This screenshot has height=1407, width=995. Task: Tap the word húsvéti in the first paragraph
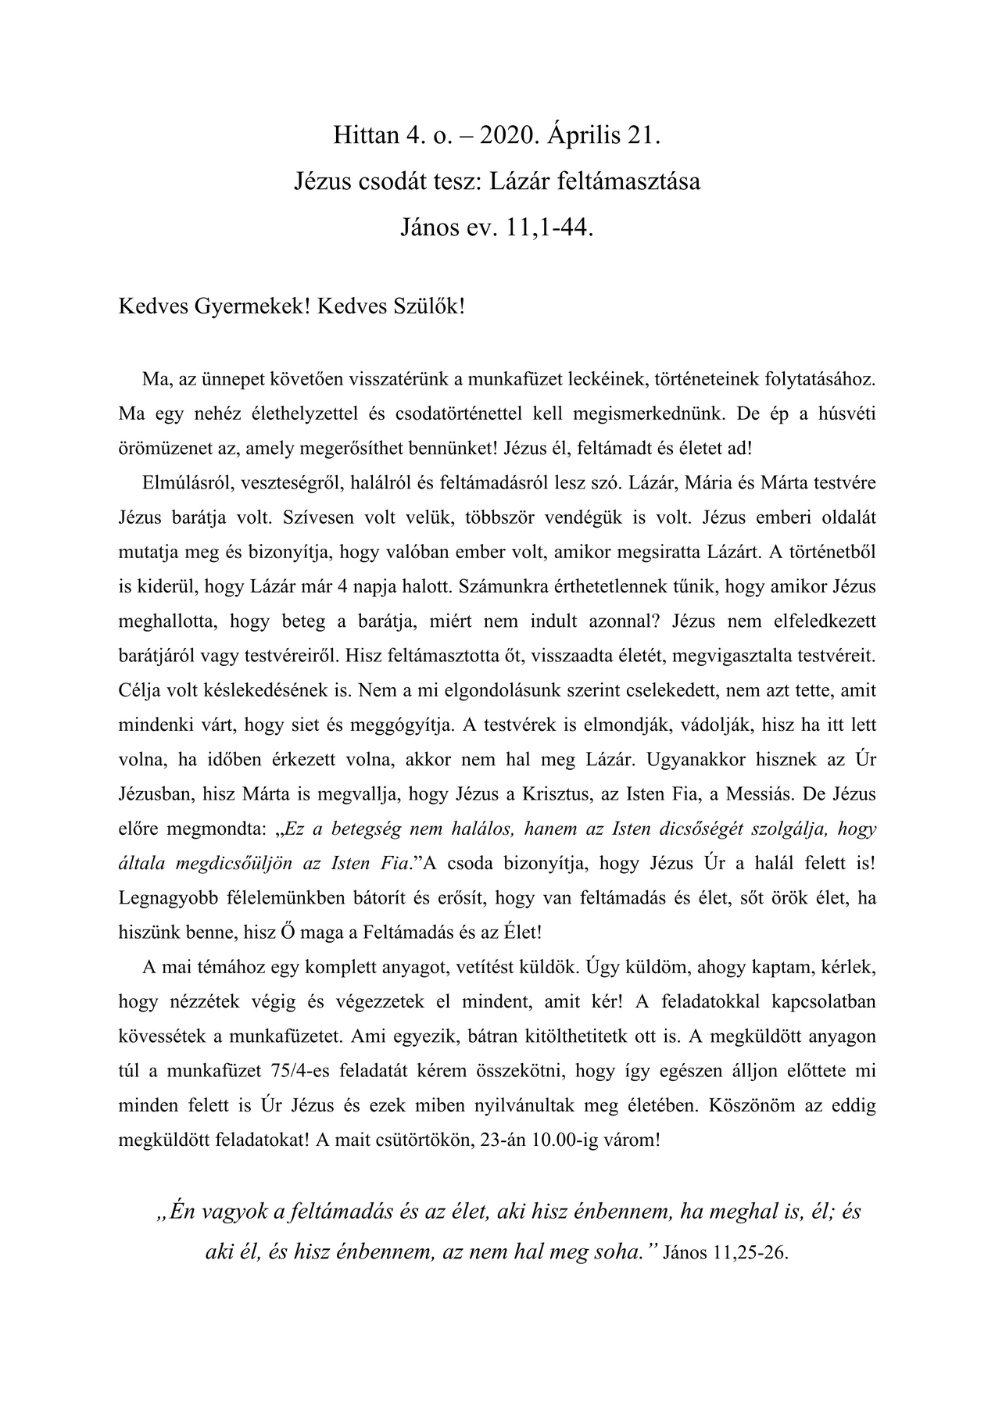tap(847, 414)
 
